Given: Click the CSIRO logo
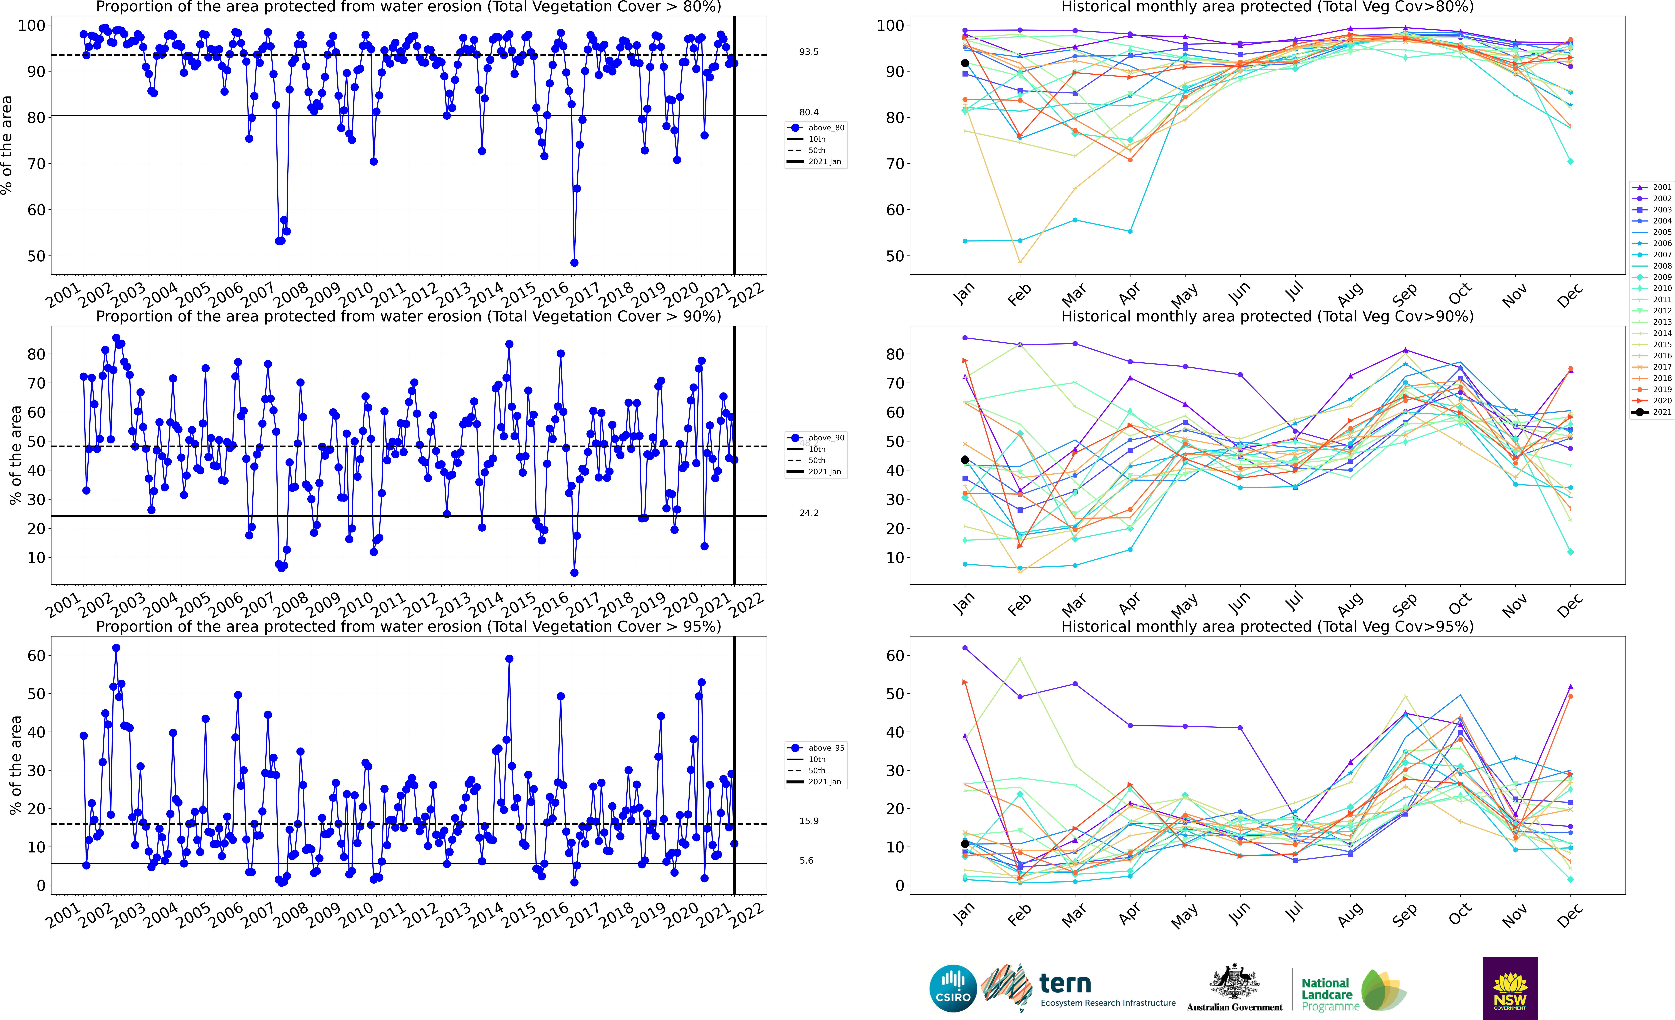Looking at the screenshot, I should (953, 988).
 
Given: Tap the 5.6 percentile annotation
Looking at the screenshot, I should (806, 860).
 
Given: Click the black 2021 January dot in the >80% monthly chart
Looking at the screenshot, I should (965, 63).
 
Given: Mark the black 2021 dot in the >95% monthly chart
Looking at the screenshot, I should (965, 844).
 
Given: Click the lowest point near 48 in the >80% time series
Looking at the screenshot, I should (574, 262).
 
